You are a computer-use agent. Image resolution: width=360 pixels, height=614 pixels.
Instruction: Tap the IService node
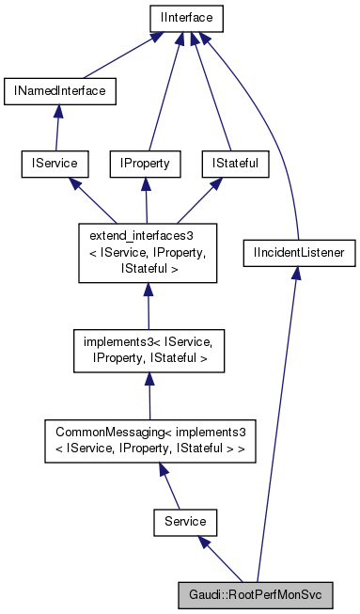pos(54,164)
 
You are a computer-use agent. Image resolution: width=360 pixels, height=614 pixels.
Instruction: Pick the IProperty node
pos(144,164)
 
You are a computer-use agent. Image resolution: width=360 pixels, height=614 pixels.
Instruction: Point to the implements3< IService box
pos(148,348)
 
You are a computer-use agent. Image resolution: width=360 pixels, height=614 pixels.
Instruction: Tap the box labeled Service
pos(185,519)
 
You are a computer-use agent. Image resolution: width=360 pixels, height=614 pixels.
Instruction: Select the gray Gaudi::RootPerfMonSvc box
pos(256,595)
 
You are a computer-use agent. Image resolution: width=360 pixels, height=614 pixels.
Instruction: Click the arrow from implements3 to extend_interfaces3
pos(148,303)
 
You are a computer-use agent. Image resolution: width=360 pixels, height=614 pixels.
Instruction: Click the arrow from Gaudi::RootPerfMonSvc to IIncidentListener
pos(278,423)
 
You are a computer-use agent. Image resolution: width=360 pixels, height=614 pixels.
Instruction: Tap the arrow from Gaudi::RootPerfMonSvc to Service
pos(220,557)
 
